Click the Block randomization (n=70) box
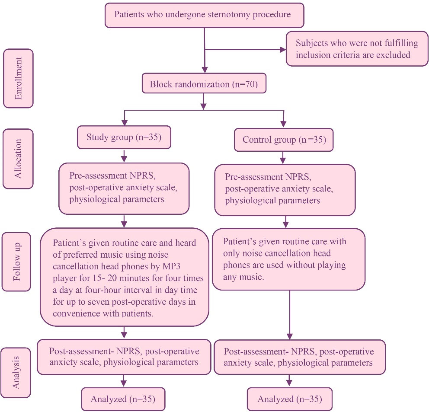click(x=204, y=84)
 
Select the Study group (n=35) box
click(x=125, y=137)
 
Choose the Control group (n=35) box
click(x=283, y=139)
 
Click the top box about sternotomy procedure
click(x=204, y=14)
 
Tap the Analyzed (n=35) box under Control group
click(x=289, y=399)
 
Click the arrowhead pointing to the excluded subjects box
click(x=283, y=49)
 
